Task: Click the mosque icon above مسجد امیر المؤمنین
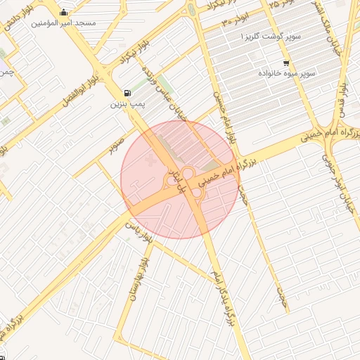[65, 12]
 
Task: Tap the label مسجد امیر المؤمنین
[64, 23]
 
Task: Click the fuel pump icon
[127, 93]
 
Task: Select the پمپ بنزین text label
[127, 104]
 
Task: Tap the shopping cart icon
[285, 62]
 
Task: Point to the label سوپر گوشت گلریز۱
[273, 34]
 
